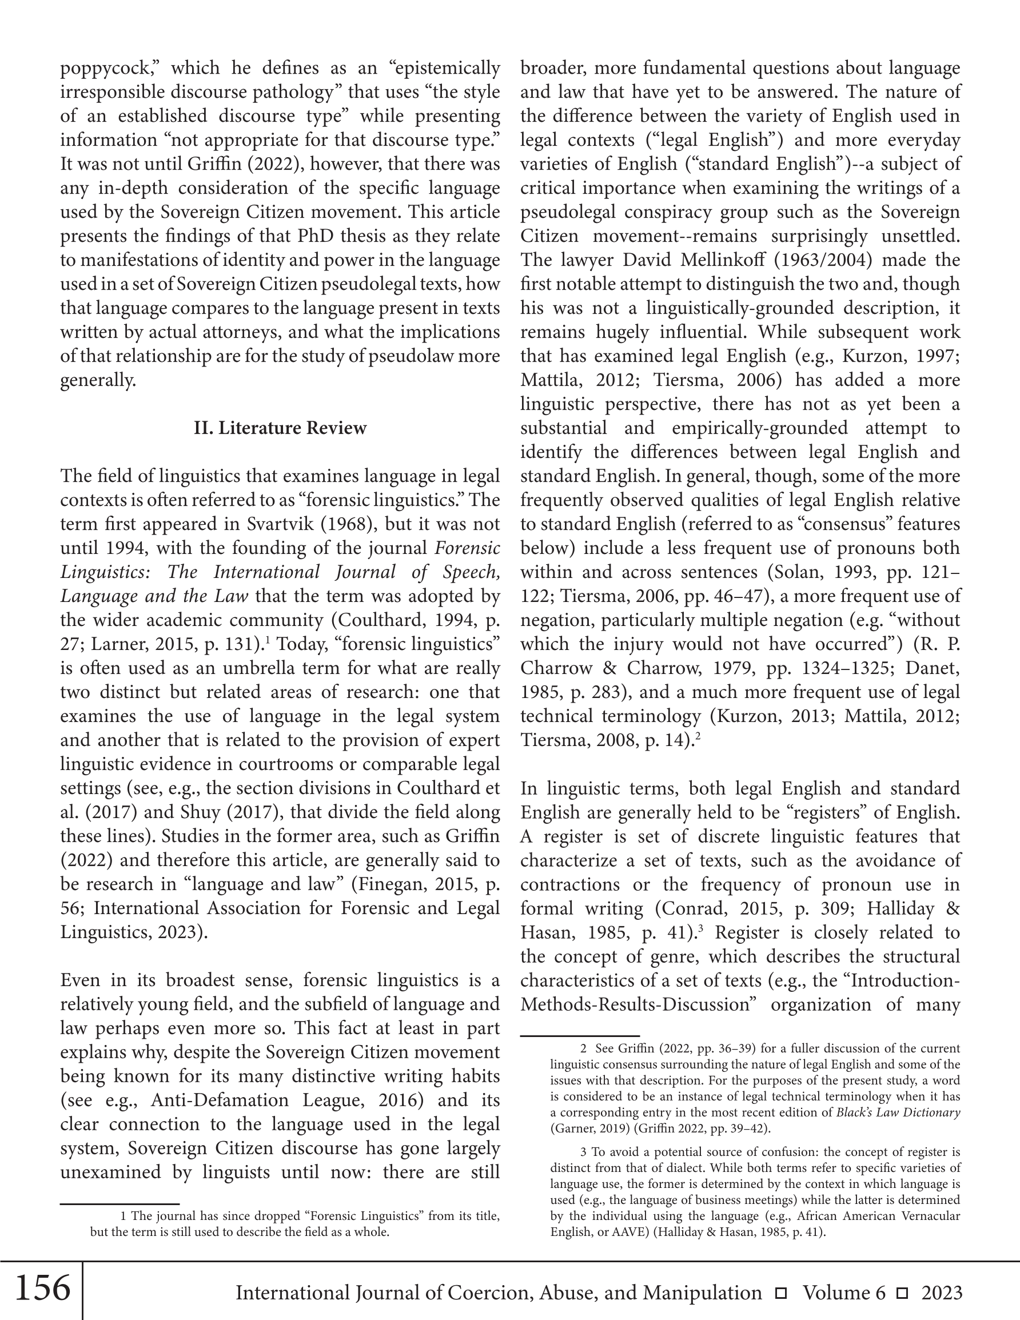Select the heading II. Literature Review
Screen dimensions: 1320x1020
(280, 428)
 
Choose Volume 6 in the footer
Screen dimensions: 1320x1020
(844, 1292)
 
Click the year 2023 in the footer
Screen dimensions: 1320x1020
(942, 1292)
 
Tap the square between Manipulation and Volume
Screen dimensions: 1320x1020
(781, 1293)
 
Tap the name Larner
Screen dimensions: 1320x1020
(117, 644)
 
